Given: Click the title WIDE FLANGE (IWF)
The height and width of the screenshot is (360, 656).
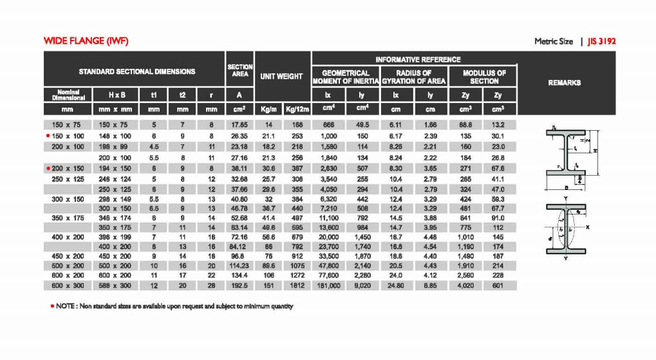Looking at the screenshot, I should (x=86, y=41).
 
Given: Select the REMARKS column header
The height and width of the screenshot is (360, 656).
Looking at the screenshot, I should (x=564, y=82).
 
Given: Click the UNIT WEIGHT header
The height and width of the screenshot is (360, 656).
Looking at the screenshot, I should (x=281, y=76).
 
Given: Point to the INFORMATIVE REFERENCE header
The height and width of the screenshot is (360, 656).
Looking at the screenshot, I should (x=418, y=59).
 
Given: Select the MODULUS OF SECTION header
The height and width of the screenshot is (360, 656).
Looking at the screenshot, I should (x=484, y=77).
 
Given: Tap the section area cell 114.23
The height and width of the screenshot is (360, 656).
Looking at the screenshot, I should (x=239, y=265).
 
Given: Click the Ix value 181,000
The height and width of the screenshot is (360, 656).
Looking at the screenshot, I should (x=330, y=285).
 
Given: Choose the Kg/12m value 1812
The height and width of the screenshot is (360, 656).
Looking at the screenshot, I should (x=297, y=285).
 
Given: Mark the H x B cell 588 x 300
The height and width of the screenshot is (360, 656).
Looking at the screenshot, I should (x=115, y=285).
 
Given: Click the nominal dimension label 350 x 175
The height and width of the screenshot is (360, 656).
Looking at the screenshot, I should (x=68, y=218).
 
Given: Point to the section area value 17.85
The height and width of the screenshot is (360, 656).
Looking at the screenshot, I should (x=239, y=124).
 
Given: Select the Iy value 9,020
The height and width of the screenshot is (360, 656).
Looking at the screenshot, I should (x=362, y=285).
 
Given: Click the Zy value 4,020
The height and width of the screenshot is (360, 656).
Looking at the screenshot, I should (x=465, y=285).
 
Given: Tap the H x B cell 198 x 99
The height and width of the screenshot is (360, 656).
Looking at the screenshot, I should (x=115, y=147).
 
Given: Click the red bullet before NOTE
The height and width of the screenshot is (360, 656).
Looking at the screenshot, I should (x=51, y=306).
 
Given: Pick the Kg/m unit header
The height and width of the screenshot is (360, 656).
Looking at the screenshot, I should (x=268, y=109).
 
